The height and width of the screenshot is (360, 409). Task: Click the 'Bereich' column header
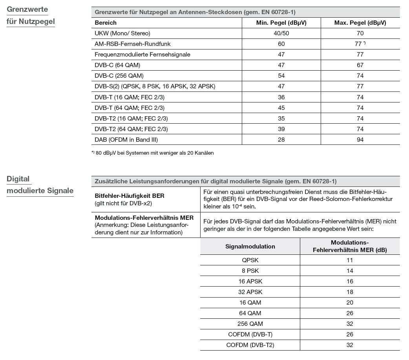tap(106, 23)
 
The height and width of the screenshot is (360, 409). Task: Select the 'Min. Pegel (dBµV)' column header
tap(281, 23)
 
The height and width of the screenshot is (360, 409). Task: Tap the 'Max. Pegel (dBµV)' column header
tap(360, 23)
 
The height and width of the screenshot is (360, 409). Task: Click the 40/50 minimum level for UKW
tap(281, 33)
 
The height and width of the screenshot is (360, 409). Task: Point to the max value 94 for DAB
tap(360, 139)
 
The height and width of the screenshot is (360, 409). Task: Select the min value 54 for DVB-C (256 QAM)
tap(281, 76)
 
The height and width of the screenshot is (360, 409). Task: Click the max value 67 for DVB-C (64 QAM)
tap(360, 65)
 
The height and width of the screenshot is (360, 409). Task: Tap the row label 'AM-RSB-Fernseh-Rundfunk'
tap(132, 44)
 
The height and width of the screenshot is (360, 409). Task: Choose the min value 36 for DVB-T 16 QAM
tap(281, 97)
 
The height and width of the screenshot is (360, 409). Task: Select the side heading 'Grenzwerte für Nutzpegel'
tap(31, 15)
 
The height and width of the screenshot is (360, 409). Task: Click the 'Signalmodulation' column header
tap(250, 247)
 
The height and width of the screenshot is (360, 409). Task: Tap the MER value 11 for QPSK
tap(350, 260)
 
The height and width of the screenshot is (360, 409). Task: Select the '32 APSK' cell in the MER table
tap(250, 292)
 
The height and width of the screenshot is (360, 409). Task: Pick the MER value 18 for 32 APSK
tap(350, 292)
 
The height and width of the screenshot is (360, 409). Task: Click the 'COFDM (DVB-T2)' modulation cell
tap(250, 345)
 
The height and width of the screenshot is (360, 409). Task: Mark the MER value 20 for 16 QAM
tap(350, 303)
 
